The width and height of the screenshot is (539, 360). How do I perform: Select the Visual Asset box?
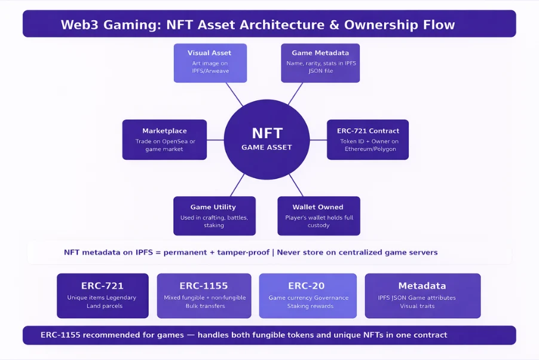click(x=209, y=62)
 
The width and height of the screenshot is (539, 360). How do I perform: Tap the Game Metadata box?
click(x=320, y=62)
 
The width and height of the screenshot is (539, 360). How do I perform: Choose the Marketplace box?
click(x=164, y=139)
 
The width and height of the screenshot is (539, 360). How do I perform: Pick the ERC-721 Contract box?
click(x=367, y=139)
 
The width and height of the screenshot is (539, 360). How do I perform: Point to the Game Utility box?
click(x=214, y=216)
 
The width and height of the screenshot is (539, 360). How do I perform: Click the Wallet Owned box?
click(x=318, y=216)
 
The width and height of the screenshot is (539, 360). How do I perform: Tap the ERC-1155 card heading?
click(x=204, y=286)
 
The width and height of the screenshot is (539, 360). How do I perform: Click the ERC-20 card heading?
click(x=308, y=286)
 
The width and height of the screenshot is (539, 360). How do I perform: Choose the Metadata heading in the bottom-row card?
click(x=422, y=286)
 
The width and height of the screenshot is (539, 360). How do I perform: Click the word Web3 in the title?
click(x=81, y=25)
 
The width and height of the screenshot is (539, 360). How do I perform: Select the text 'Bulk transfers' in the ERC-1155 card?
click(x=204, y=306)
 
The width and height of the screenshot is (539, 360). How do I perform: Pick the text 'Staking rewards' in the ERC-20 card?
click(x=308, y=306)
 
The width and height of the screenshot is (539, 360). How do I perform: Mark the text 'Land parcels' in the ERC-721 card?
click(x=102, y=306)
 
